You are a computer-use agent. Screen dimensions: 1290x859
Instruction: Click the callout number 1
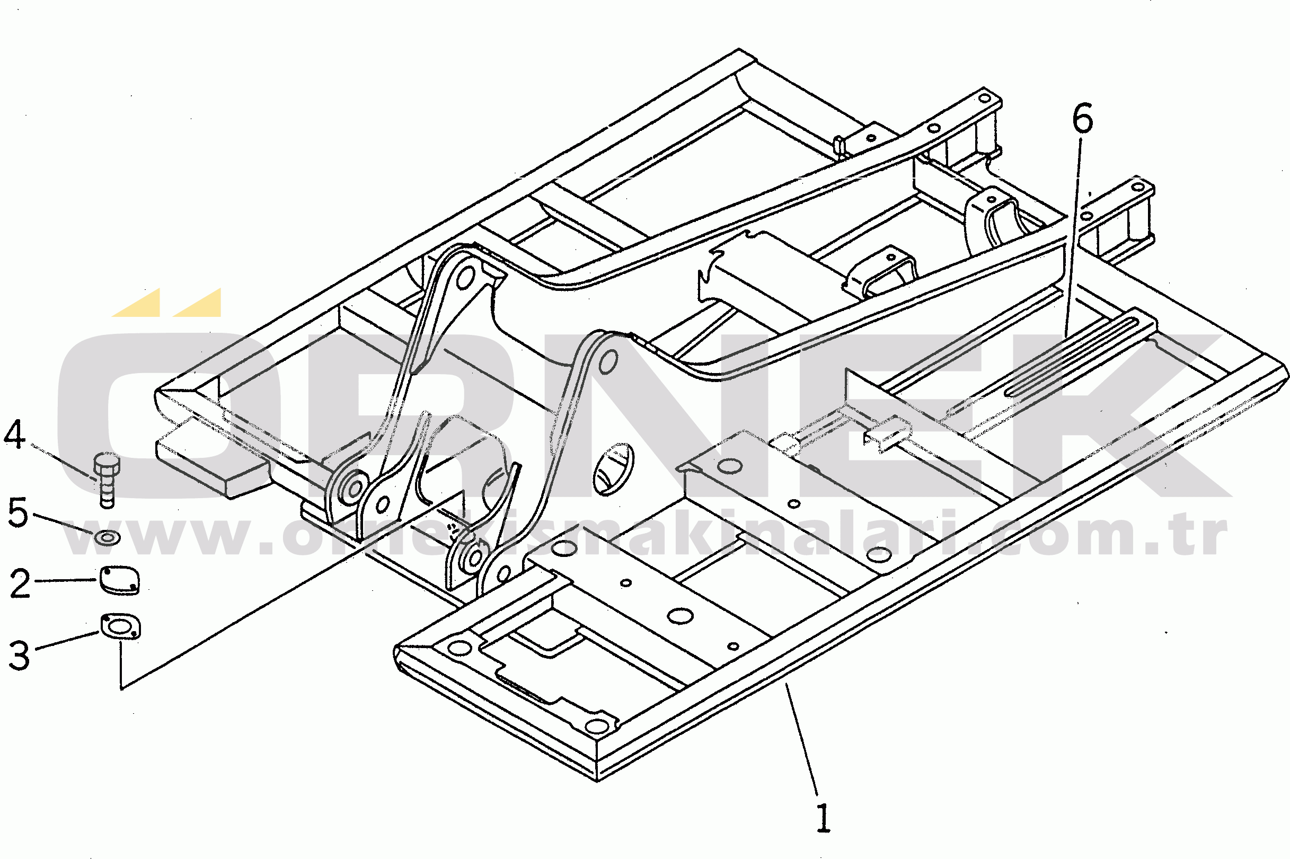coord(823,818)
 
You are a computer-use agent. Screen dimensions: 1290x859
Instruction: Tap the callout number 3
coord(19,655)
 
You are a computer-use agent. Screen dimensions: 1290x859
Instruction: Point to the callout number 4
coord(15,435)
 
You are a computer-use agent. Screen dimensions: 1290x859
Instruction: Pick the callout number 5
coord(17,513)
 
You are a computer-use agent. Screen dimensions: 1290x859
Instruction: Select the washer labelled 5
coord(108,537)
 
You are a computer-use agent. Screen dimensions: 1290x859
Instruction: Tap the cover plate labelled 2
coord(119,580)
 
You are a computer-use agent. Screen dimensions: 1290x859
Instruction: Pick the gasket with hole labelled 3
coord(120,626)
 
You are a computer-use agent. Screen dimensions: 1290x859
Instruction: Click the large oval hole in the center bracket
coord(614,469)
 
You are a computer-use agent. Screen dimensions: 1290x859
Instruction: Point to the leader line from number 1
coord(802,740)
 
